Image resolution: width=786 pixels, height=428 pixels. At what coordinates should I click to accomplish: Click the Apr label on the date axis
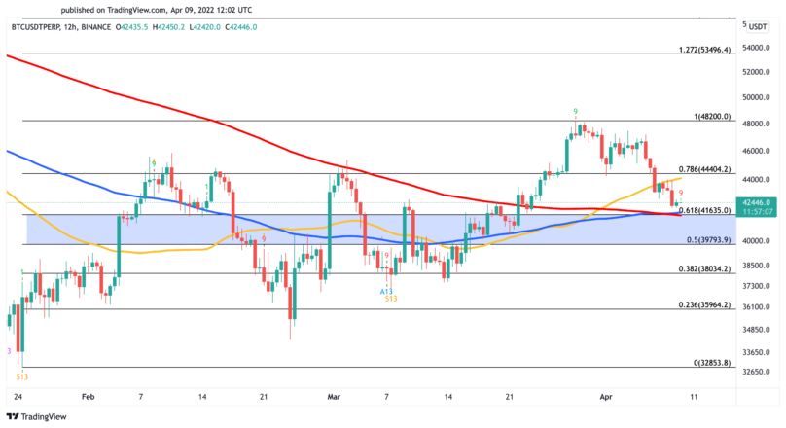pyautogui.click(x=606, y=397)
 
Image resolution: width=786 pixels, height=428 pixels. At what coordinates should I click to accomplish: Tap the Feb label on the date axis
pyautogui.click(x=89, y=397)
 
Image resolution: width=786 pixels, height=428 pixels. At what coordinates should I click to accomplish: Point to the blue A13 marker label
pyautogui.click(x=386, y=290)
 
